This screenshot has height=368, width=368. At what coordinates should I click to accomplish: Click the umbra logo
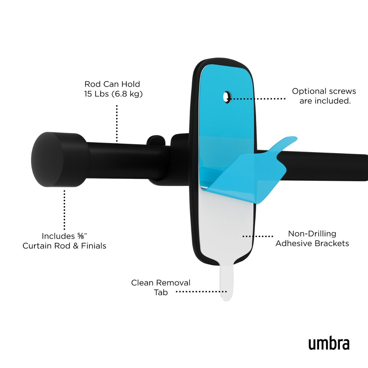329,344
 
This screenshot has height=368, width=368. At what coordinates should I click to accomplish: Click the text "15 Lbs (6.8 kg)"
113,94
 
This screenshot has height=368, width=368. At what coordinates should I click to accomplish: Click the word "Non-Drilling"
312,234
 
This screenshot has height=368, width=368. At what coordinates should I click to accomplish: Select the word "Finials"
94,246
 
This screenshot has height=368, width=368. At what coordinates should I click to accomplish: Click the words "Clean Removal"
161,283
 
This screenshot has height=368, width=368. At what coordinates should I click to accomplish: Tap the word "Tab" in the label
161,293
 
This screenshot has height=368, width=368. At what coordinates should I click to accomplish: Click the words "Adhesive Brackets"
312,243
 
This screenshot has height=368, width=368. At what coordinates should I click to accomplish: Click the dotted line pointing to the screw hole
258,99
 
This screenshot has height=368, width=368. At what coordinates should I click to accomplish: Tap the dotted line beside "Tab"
201,292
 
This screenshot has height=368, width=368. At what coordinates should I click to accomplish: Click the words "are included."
325,101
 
